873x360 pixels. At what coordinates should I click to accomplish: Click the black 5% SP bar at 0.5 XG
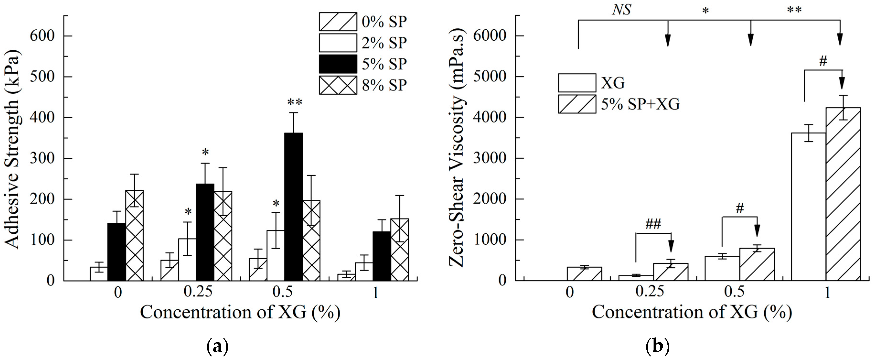click(293, 207)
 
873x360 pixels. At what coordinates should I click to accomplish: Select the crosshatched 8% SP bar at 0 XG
click(134, 236)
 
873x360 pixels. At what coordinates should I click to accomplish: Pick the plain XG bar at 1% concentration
click(808, 207)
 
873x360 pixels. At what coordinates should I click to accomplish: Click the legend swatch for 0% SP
click(338, 22)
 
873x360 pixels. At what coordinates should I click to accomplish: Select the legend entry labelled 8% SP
click(384, 85)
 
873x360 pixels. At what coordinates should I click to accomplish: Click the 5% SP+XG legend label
click(640, 104)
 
